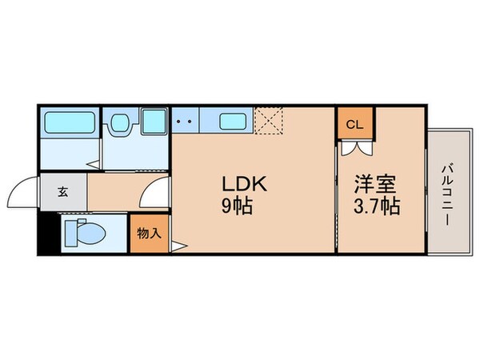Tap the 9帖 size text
pos(238,206)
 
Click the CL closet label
pos(354,125)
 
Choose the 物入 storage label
pos(149,234)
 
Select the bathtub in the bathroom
pos(68,122)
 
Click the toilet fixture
pos(84,234)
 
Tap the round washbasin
pos(120,123)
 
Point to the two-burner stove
pos(185,123)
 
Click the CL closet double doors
pos(356,149)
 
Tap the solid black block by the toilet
pos(47,234)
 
